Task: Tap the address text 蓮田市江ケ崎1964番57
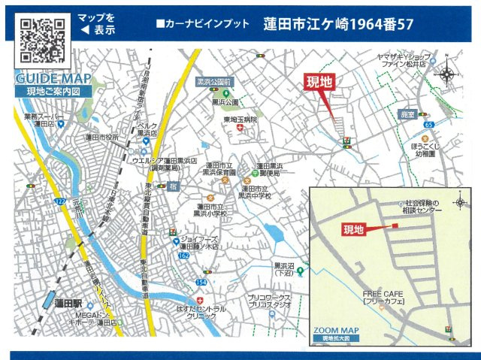coord(338,24)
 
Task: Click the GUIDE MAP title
coord(52,79)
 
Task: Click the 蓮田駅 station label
coord(68,304)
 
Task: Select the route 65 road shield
coord(428,124)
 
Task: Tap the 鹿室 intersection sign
coord(407,113)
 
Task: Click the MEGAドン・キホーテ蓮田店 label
coord(95,318)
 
